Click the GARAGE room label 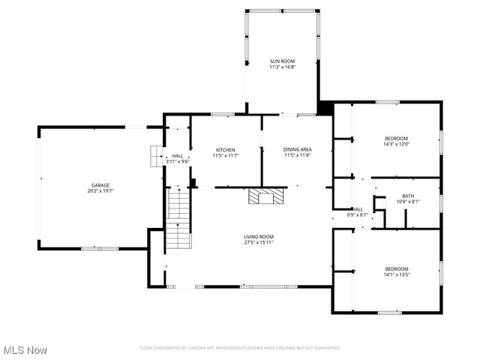(x=100, y=184)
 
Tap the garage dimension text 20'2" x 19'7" (x=100, y=191)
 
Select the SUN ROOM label (x=283, y=61)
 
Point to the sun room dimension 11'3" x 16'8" (x=283, y=67)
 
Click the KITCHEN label (x=226, y=149)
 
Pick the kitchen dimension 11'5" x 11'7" (x=226, y=155)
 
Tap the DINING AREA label (x=297, y=149)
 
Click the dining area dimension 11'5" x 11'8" (x=297, y=155)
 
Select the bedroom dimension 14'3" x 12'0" (x=396, y=144)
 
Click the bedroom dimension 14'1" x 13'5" (x=397, y=274)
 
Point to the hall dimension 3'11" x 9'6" (x=177, y=161)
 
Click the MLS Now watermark (x=25, y=350)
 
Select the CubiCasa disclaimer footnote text (x=240, y=348)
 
